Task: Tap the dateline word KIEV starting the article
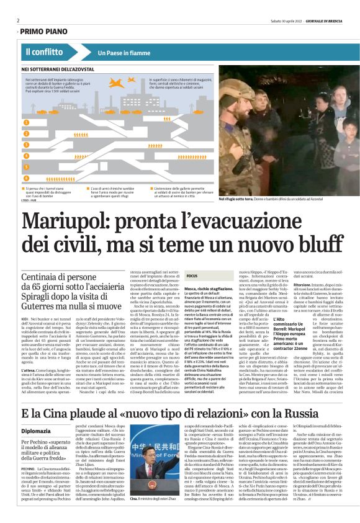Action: (x=25, y=318)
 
